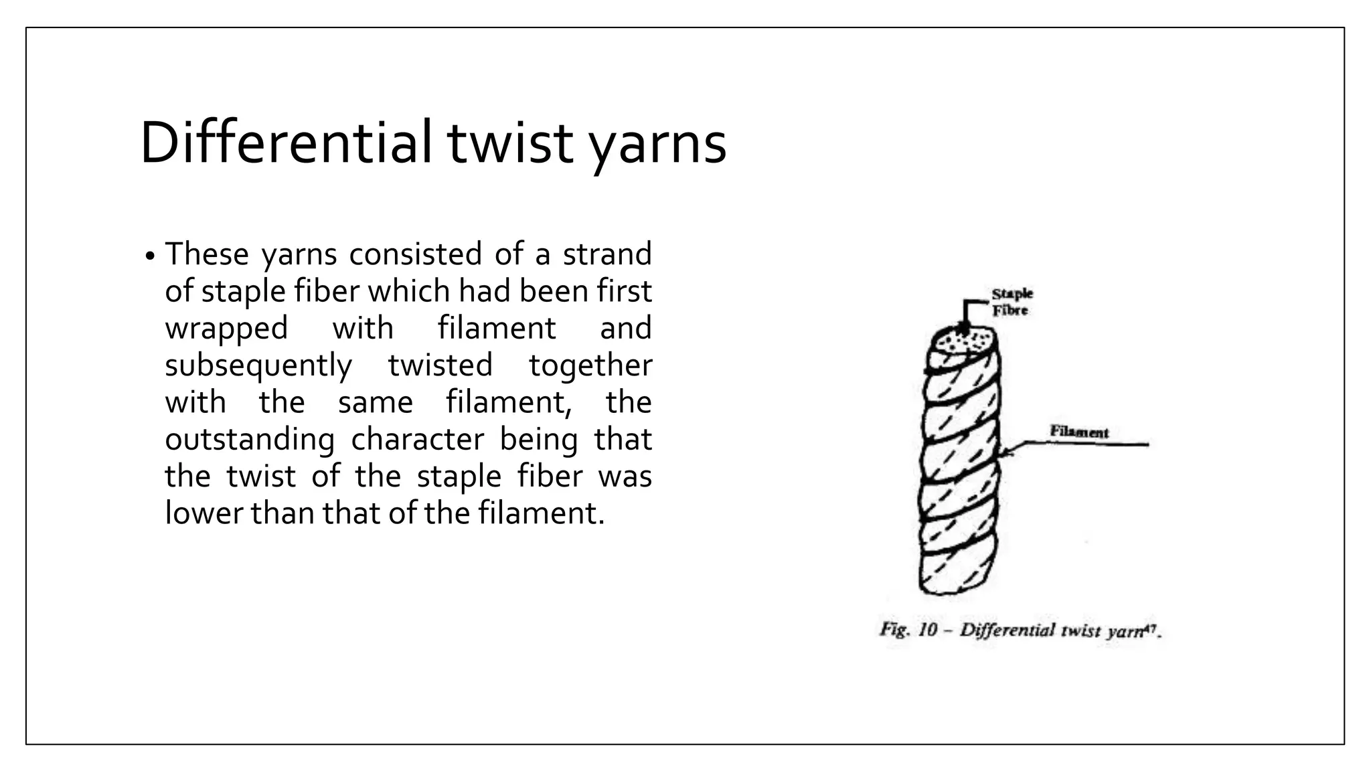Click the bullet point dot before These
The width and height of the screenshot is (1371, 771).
point(150,256)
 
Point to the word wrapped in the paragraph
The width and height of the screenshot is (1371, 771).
point(226,329)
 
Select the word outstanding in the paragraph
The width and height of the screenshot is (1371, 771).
point(250,440)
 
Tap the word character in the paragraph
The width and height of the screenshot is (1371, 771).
point(417,440)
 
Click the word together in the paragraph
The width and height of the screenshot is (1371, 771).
point(590,365)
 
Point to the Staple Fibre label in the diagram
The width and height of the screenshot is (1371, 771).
point(1012,302)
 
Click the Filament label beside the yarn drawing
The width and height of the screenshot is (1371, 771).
point(1078,432)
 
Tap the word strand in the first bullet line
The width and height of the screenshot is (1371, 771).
point(607,254)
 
